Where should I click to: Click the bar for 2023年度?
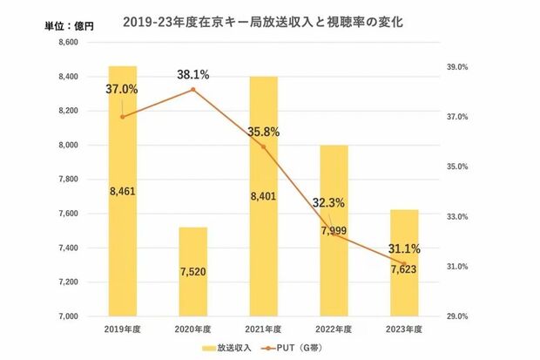pyautogui.click(x=403, y=279)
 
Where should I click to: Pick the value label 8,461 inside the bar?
pyautogui.click(x=123, y=188)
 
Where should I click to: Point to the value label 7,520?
pyautogui.click(x=193, y=271)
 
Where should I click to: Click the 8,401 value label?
pyautogui.click(x=263, y=196)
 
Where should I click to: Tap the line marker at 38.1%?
pyautogui.click(x=193, y=90)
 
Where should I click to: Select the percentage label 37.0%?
pyautogui.click(x=123, y=89)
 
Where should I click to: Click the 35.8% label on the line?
pyautogui.click(x=263, y=132)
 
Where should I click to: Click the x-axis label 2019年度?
pyautogui.click(x=123, y=329)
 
